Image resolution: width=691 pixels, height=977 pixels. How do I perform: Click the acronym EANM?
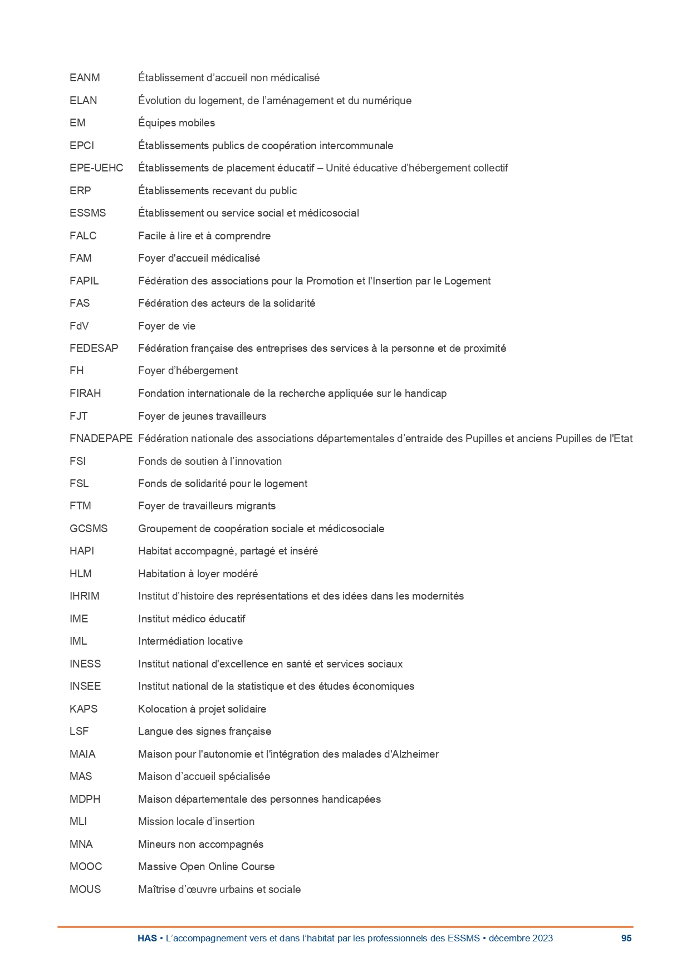[x=85, y=78]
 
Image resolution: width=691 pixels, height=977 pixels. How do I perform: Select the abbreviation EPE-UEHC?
[x=96, y=168]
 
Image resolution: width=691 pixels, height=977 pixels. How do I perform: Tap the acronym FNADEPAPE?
[x=101, y=439]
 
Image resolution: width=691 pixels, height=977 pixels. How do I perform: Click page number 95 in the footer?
[x=626, y=938]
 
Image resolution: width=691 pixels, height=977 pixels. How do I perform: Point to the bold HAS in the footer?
[x=147, y=938]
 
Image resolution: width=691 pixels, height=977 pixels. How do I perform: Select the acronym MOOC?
[x=86, y=867]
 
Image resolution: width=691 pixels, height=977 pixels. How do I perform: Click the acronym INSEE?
[x=85, y=686]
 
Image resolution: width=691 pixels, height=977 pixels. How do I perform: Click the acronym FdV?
[x=79, y=326]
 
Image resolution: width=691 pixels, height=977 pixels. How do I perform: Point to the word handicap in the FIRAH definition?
[x=425, y=394]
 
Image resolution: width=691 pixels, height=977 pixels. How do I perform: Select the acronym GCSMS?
[x=89, y=529]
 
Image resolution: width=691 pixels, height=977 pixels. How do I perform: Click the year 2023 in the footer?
[x=542, y=938]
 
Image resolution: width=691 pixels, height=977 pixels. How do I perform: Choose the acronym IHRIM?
[x=85, y=596]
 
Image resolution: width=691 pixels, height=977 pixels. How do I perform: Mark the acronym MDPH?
[x=85, y=799]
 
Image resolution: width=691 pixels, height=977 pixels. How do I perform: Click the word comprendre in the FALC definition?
[x=243, y=236]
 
